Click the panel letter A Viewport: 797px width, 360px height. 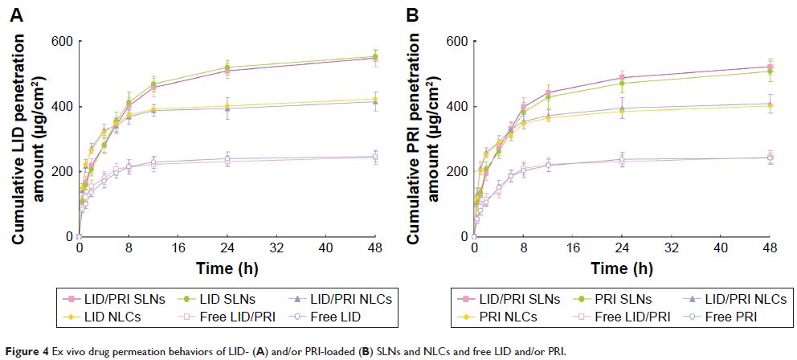tap(16, 14)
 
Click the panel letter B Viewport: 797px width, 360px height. tap(411, 14)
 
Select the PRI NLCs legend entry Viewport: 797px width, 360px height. tap(511, 317)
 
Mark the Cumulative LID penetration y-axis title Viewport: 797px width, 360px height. tap(24, 139)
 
